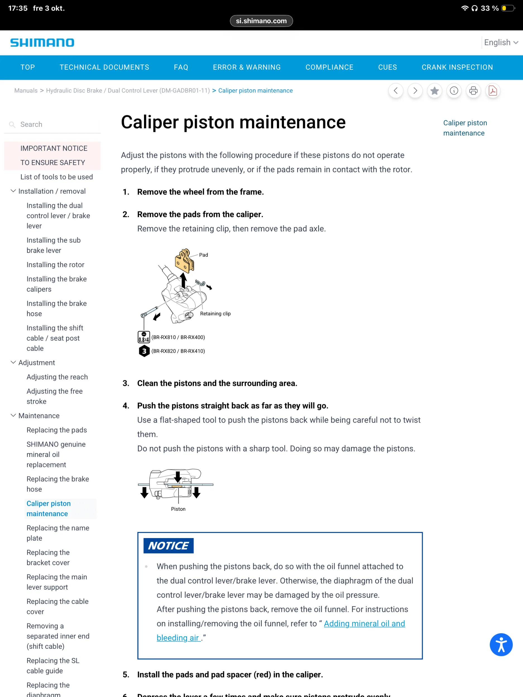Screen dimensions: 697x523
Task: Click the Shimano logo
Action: pos(42,43)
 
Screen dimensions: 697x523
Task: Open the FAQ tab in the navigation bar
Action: pos(181,67)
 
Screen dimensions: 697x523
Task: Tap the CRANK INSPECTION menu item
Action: pos(457,67)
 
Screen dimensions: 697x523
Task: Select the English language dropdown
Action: pos(501,43)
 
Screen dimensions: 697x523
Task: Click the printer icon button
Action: pos(473,91)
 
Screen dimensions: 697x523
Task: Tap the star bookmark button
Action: pos(434,91)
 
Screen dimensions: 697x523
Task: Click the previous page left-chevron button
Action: pos(395,91)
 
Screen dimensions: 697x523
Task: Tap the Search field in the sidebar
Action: pos(57,124)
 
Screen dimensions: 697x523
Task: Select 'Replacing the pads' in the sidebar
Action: pos(57,430)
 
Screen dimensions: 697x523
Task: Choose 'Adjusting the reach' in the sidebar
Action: pos(57,377)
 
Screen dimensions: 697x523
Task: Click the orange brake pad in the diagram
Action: pos(184,261)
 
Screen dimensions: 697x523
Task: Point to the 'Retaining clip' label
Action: pos(215,314)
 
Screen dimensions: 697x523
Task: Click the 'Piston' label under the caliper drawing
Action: pos(178,509)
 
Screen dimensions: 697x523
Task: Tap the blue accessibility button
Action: pos(501,644)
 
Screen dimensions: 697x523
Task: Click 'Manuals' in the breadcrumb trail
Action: pos(26,91)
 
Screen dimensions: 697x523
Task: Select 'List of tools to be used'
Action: pos(57,177)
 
